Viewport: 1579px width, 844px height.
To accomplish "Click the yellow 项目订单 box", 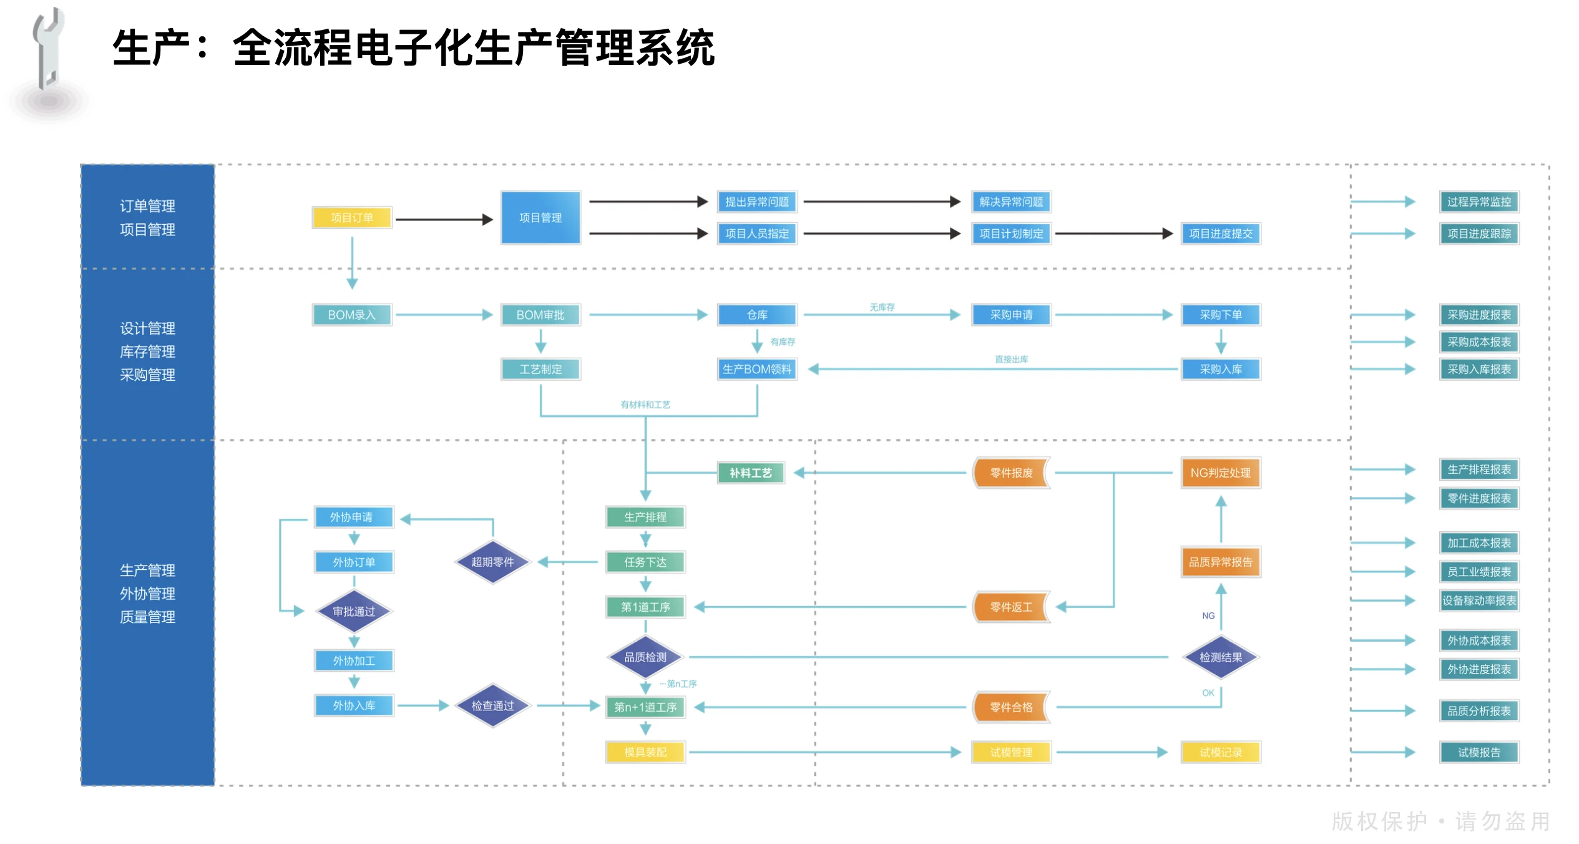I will tap(352, 218).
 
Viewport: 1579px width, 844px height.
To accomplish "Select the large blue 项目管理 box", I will tap(540, 218).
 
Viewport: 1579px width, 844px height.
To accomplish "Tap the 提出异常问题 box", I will tap(756, 202).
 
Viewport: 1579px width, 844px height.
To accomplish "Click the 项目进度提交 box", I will tap(1220, 233).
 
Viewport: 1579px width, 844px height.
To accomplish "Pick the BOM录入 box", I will tap(352, 315).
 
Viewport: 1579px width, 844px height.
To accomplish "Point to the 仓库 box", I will tap(756, 315).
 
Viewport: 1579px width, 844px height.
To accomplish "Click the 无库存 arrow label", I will tap(882, 307).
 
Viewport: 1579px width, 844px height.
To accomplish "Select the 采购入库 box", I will tap(1220, 369).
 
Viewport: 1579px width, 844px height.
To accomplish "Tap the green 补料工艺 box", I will tap(751, 473).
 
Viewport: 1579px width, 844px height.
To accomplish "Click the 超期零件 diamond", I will tap(492, 562).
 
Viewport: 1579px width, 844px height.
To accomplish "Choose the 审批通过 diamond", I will tap(354, 611).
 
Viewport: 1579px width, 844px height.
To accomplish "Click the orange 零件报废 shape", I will tap(1011, 473).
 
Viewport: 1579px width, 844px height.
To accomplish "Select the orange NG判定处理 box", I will tap(1220, 473).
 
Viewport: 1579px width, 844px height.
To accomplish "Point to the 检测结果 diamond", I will tap(1220, 657).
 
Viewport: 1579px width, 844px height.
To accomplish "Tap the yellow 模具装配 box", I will tap(645, 752).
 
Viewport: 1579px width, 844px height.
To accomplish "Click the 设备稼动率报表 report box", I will tap(1479, 601).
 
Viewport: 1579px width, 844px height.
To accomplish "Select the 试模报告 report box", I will tap(1479, 752).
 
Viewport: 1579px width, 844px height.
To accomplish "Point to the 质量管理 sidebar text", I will tap(147, 617).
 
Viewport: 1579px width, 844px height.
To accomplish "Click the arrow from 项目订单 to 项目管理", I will tap(443, 219).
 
